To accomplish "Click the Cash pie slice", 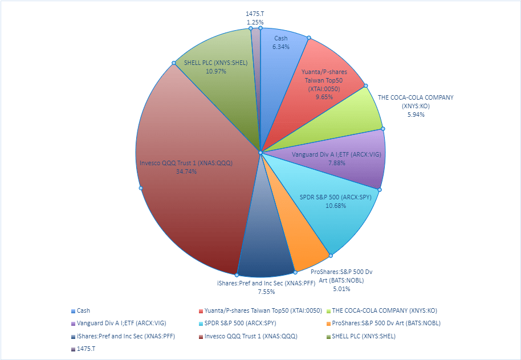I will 280,63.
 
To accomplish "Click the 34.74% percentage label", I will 186,171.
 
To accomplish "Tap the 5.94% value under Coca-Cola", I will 416,114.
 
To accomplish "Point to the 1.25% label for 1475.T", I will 255,22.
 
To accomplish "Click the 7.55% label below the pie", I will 266,292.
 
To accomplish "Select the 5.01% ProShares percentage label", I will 341,289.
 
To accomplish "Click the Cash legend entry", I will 83,310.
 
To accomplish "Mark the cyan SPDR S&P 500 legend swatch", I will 201,324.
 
